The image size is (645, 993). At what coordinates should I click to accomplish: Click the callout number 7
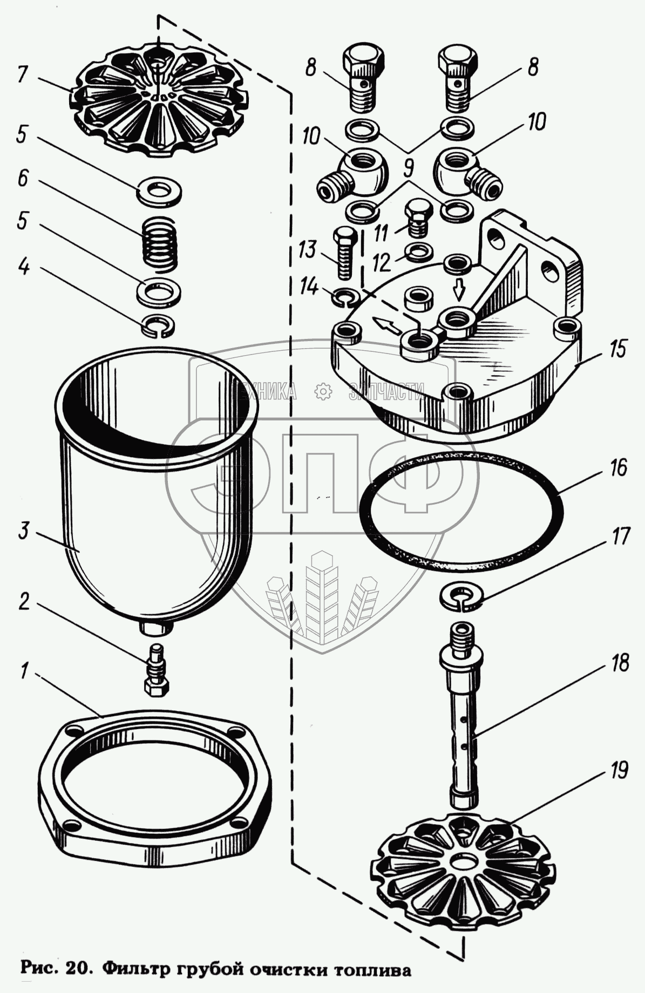(x=22, y=74)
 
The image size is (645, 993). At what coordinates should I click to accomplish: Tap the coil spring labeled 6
(x=159, y=241)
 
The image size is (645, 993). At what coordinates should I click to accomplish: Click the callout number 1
(x=23, y=672)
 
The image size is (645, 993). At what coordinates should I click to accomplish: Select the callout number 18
(x=621, y=663)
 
